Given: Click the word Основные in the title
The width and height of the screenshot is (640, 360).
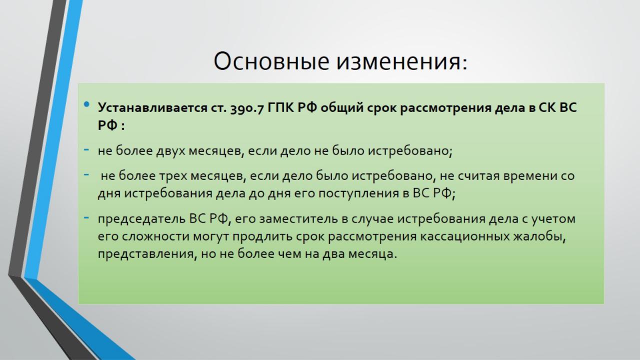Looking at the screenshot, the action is point(271,61).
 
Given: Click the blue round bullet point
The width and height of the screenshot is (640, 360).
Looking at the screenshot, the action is point(86,104).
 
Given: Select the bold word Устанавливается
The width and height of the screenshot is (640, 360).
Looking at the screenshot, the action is point(152,108).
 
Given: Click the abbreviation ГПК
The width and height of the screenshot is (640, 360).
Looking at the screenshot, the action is point(280,108).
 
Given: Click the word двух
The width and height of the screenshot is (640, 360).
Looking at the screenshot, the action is point(170,151).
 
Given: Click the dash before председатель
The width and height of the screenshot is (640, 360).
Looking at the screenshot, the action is point(86,217).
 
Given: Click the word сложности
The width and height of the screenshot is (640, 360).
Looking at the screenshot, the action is point(148,237).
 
